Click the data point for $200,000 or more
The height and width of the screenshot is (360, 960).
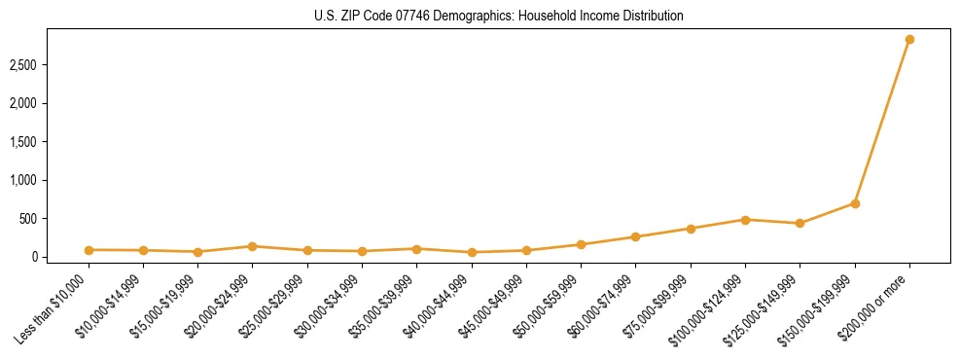coord(909,40)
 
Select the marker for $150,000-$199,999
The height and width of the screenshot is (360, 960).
coord(855,203)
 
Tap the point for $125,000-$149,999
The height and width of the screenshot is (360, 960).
coord(800,224)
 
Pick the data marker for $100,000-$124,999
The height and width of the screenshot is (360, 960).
coord(745,220)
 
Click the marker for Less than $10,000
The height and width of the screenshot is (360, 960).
coord(89,250)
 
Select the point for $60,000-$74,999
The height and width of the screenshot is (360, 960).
coord(635,236)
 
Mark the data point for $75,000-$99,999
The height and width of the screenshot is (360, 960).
coord(691,229)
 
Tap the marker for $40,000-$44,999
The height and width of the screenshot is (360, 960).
coord(472,252)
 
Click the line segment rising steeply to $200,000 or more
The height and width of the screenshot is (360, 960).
coord(882,122)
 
